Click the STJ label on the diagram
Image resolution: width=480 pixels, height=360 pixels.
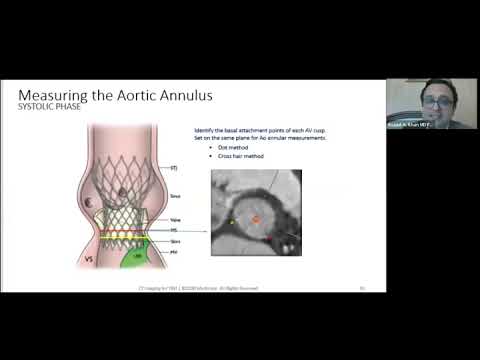point(174,167)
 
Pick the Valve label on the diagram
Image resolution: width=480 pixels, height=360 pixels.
point(175,221)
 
